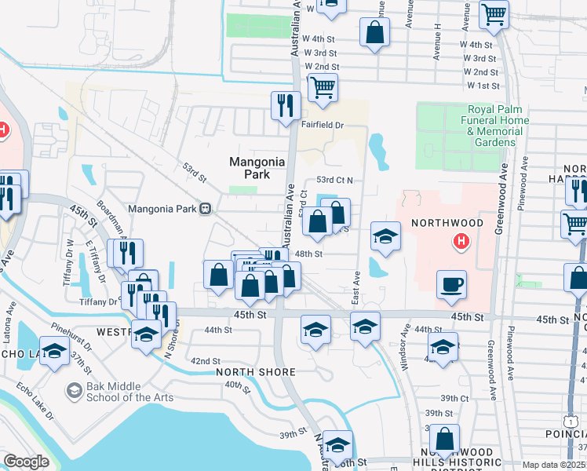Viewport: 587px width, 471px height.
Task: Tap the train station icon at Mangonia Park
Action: [x=205, y=209]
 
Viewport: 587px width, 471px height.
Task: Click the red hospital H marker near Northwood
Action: [x=461, y=243]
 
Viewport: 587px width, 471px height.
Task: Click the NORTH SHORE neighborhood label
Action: [x=256, y=372]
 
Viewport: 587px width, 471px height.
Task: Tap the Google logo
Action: [x=26, y=462]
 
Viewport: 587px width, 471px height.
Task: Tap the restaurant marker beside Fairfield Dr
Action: [x=283, y=104]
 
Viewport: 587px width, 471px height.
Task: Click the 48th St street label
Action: [x=308, y=254]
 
